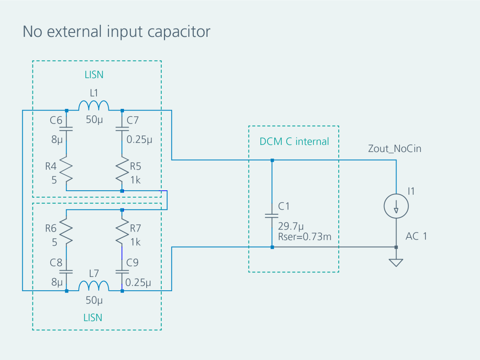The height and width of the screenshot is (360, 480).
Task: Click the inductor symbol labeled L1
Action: pos(94,105)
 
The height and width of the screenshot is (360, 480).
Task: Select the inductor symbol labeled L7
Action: pos(94,286)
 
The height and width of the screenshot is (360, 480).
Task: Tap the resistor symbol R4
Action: pos(66,170)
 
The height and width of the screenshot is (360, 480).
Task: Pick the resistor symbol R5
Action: pos(122,170)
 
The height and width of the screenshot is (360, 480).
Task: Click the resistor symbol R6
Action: pos(66,232)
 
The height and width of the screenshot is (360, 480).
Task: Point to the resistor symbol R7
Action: pos(122,232)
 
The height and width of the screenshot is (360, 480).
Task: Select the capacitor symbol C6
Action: pos(66,129)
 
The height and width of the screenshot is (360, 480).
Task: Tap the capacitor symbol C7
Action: pos(122,129)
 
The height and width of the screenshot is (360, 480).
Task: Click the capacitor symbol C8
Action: pos(66,272)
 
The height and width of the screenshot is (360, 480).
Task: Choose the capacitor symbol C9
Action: pos(122,272)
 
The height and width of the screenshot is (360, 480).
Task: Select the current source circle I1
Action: pos(396,206)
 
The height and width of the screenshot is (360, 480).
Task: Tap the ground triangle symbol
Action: pos(396,263)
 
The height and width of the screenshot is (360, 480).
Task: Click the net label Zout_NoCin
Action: pos(395,149)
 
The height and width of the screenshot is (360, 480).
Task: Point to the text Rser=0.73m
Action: pos(304,236)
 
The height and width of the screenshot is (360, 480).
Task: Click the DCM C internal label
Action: pos(294,141)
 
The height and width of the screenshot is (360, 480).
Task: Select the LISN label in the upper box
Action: pos(94,75)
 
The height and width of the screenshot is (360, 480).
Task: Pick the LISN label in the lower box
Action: pos(93,318)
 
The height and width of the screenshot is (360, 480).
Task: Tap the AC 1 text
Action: pos(416,236)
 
